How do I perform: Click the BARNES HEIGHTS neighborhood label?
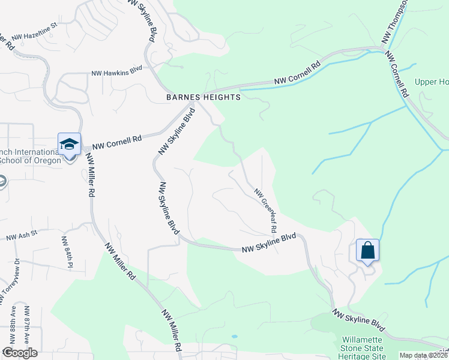pyautogui.click(x=203, y=97)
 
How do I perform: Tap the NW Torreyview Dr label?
pyautogui.click(x=10, y=280)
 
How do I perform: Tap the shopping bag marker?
pyautogui.click(x=367, y=249)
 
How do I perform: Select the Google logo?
pyautogui.click(x=19, y=353)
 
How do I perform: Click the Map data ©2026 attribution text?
pyautogui.click(x=423, y=355)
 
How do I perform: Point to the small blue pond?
pyautogui.click(x=234, y=336)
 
